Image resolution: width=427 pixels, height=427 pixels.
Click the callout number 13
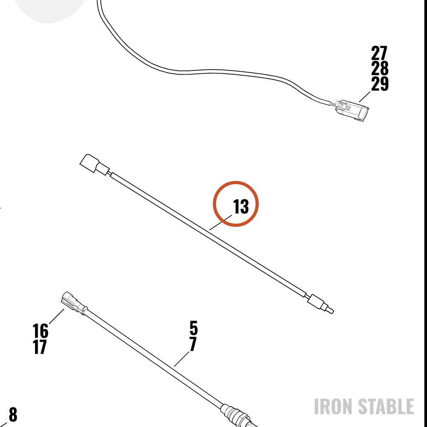coord(241,207)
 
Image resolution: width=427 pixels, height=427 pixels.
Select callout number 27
coord(379,53)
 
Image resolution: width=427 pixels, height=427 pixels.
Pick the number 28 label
coord(380,68)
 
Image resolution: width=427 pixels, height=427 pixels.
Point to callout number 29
coord(380,84)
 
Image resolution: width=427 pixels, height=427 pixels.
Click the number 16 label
coord(40,331)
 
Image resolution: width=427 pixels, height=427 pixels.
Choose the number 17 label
coord(40,347)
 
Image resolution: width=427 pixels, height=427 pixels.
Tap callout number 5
coord(193,328)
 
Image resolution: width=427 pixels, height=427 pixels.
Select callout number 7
coord(193,344)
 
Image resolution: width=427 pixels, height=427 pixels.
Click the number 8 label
coord(13,414)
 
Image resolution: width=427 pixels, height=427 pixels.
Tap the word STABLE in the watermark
coord(386,407)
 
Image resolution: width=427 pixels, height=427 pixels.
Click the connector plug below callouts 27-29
coord(351,110)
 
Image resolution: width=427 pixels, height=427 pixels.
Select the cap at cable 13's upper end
coord(94,164)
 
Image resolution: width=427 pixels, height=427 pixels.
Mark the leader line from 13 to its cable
coord(221,222)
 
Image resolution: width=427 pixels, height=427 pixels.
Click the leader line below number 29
coord(365,97)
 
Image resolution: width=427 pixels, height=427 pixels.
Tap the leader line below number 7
coord(181,359)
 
